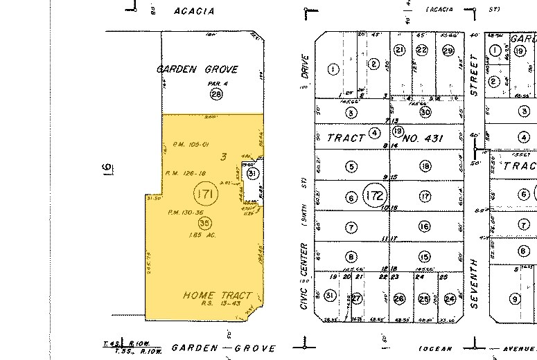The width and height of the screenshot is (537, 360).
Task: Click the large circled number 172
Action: [375, 196]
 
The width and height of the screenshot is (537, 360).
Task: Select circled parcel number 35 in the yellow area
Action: [204, 223]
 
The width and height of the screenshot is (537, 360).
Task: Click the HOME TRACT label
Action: [217, 296]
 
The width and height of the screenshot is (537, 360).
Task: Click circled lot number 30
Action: [425, 112]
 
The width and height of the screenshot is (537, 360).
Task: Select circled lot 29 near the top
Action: [448, 50]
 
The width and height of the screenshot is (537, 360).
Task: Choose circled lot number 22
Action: [422, 50]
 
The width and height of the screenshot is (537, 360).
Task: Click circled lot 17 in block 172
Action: [425, 197]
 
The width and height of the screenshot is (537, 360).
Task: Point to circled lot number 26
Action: [399, 299]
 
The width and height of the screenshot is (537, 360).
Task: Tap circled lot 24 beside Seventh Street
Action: [450, 299]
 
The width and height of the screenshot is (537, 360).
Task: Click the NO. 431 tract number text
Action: [439, 138]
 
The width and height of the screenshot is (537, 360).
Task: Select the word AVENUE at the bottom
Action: [507, 349]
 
